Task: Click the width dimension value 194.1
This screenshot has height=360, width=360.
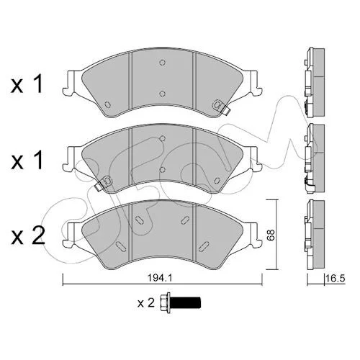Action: click(160, 278)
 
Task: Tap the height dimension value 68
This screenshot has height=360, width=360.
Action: click(270, 235)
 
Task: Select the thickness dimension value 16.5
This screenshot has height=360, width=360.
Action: click(336, 279)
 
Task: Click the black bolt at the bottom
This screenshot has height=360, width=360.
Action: click(180, 302)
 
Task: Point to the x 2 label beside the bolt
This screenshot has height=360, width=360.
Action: click(146, 303)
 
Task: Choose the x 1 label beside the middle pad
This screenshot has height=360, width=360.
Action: click(27, 161)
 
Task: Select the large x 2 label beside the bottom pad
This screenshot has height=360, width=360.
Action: click(28, 235)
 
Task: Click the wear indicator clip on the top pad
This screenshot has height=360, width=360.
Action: click(221, 107)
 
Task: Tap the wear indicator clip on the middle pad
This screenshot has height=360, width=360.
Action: click(104, 184)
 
